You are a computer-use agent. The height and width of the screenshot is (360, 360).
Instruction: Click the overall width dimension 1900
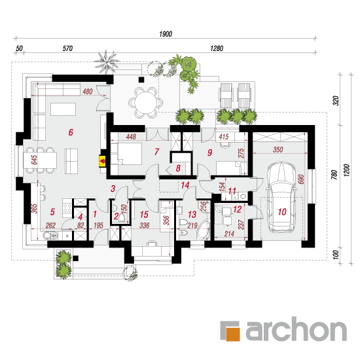166,34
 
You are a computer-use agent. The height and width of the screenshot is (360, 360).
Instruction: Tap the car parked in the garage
281,198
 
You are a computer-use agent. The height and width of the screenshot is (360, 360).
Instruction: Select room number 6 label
71,132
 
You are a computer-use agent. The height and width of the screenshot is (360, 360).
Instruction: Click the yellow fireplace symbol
102,161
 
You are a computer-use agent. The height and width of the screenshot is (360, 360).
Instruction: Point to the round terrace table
146,103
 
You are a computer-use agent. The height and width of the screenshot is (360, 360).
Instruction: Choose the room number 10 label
282,211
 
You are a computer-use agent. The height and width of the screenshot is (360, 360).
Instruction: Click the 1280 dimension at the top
217,48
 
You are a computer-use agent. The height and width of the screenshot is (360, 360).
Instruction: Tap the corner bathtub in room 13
204,230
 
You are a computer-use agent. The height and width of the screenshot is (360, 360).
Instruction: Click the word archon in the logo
296,329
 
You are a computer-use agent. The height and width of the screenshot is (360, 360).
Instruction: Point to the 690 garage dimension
301,179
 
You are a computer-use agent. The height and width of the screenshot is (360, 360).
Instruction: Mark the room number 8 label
178,168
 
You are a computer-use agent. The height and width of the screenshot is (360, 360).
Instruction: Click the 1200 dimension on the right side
346,170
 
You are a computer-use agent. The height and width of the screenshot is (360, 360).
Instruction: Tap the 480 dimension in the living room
88,92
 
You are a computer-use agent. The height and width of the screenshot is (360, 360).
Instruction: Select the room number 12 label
237,209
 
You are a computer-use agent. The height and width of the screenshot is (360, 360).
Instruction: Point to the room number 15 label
144,215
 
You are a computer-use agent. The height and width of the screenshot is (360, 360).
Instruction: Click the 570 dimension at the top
67,48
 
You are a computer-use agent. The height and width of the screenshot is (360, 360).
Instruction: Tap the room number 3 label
113,189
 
